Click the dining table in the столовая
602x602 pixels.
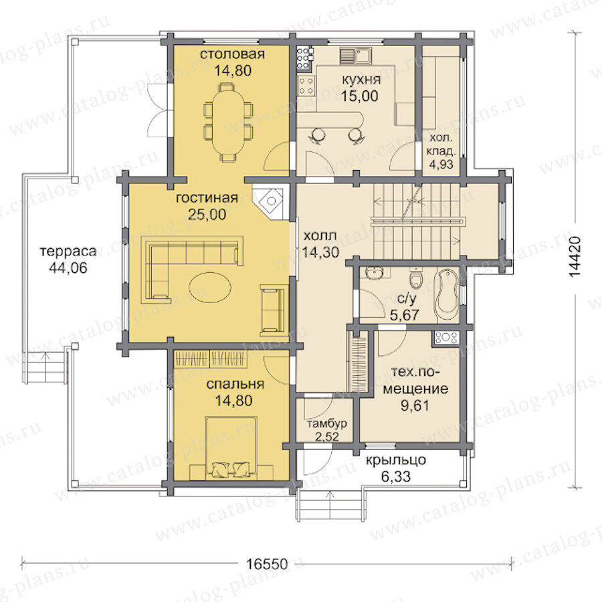coord(228,122)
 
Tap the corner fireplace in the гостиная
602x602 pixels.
coord(271,201)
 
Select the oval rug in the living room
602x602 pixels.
coord(210,287)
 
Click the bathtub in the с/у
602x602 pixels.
coord(447,296)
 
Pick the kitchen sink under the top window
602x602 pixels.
coord(356,56)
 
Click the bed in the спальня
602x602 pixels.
coord(231,447)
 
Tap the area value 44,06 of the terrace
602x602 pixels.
coord(68,268)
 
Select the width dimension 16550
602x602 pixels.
coord(266,565)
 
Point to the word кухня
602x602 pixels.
coord(361,80)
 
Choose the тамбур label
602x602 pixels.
coord(327,424)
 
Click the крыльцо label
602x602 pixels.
coord(396,460)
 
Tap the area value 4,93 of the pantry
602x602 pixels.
coord(441,165)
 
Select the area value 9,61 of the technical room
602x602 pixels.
coord(415,405)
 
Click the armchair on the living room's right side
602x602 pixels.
coord(273,308)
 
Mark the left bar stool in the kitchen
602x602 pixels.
coord(318,135)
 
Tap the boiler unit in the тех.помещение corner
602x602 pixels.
coord(445,338)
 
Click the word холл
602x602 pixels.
coord(320,235)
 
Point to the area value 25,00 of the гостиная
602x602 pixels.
coord(207,214)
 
